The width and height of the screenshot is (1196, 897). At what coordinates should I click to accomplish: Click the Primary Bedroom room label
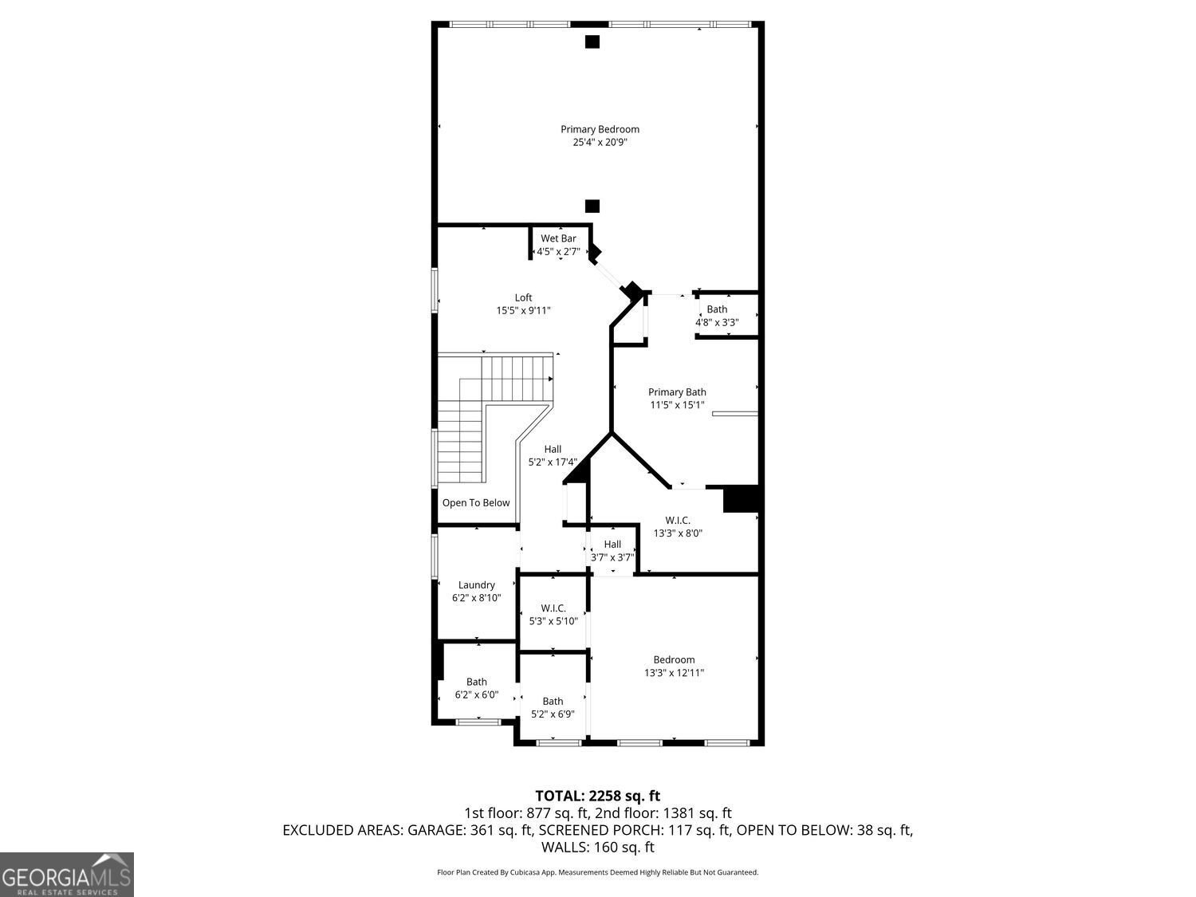600,129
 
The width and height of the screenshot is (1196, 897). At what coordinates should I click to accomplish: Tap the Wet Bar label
558,238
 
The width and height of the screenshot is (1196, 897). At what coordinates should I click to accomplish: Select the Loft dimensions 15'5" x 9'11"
523,311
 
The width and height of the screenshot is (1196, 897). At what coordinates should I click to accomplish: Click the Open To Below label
476,503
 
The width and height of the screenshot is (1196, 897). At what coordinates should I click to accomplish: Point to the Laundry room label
476,585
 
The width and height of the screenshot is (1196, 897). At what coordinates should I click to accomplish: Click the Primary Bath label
677,392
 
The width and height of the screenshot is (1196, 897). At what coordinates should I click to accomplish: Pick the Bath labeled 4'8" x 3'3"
717,316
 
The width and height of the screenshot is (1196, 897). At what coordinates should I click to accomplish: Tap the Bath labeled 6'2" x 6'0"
477,688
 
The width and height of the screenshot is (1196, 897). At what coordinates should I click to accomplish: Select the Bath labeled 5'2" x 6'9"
553,708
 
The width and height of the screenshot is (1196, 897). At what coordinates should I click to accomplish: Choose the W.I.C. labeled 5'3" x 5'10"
553,615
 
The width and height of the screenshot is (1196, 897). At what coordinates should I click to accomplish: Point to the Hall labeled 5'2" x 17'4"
553,455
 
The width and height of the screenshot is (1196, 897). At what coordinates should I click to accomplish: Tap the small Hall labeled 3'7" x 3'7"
612,551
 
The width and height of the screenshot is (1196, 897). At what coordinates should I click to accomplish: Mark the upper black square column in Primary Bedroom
592,42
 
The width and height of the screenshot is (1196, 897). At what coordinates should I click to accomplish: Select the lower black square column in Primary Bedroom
592,207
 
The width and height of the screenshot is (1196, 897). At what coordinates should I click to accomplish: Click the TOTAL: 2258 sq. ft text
597,796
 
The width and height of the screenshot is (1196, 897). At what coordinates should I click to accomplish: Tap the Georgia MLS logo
67,875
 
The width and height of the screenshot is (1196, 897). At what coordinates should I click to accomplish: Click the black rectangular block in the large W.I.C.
741,499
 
